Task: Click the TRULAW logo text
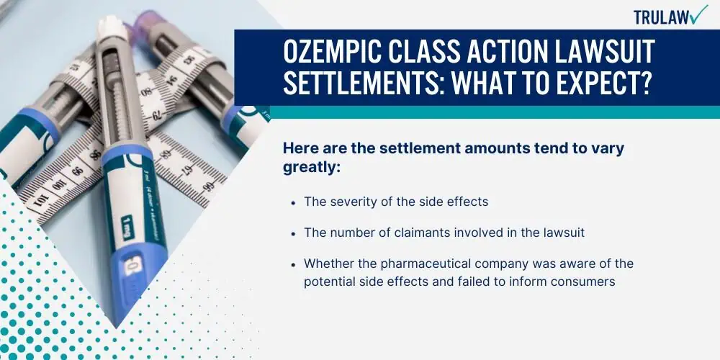tap(661, 17)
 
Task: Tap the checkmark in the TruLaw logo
tap(699, 14)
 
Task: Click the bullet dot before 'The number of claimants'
tap(293, 233)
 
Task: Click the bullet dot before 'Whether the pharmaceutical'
tap(293, 264)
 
